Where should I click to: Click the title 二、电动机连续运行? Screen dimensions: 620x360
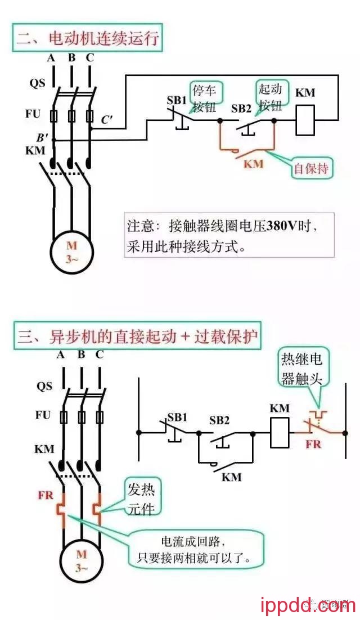coord(88,40)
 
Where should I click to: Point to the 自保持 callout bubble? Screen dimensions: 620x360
coord(311,168)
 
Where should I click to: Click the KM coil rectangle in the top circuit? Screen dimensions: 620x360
coord(304,119)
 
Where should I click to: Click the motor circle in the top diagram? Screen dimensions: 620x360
coord(71,251)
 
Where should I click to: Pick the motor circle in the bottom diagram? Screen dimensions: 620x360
coord(81,559)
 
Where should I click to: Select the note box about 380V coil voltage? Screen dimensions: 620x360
coord(229,235)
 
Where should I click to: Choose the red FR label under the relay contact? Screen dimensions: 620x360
coord(313,443)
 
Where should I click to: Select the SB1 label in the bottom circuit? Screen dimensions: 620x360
coord(177,417)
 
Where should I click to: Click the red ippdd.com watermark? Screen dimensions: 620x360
coord(309,605)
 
